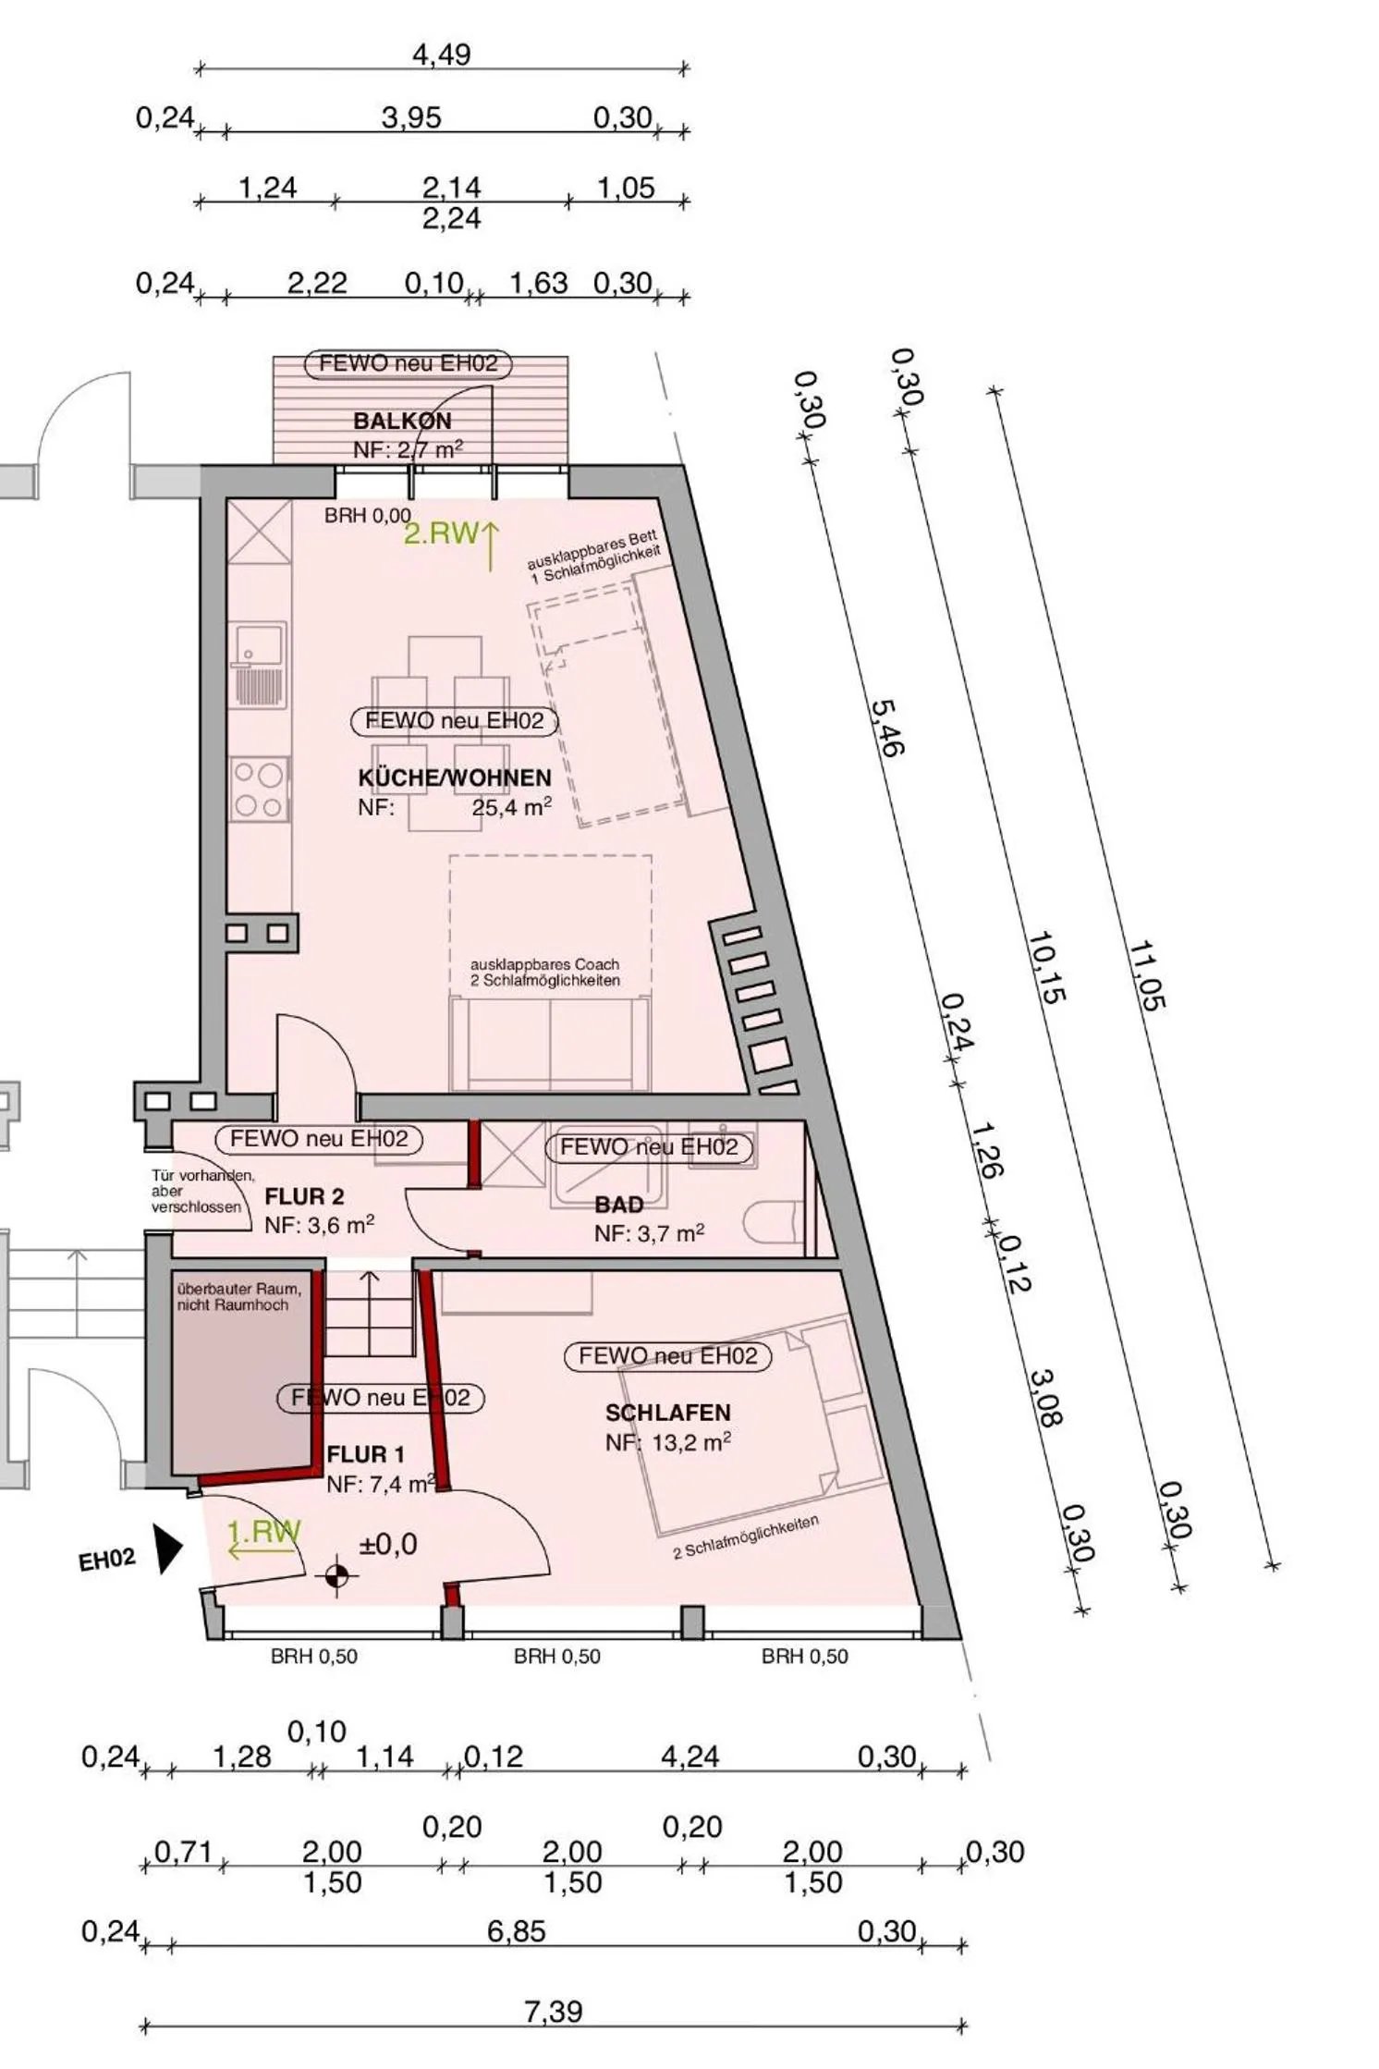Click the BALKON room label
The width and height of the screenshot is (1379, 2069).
point(402,421)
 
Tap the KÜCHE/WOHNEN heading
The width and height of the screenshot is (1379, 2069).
point(454,777)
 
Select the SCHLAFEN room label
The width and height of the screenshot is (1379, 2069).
point(667,1413)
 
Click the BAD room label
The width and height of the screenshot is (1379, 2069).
point(618,1205)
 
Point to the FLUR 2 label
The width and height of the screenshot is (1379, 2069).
point(304,1196)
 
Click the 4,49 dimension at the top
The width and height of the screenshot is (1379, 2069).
point(441,55)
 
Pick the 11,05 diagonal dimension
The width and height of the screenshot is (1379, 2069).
point(1147,974)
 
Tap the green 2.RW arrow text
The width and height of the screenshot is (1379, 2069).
point(441,533)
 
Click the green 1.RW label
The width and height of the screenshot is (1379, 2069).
point(264,1533)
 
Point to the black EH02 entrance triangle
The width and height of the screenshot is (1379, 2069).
point(167,1549)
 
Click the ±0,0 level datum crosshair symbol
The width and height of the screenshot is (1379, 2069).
point(337,1575)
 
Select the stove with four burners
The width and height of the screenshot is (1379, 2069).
point(259,789)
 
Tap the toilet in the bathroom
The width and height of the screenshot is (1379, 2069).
point(775,1222)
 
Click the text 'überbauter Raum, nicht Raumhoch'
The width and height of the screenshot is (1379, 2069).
point(238,1296)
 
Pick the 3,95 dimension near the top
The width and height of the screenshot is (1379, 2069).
point(411,118)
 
